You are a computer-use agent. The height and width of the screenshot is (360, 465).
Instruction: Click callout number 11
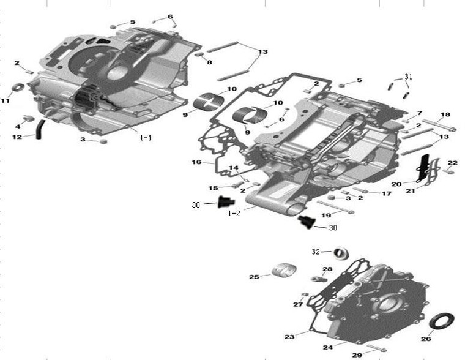(6, 100)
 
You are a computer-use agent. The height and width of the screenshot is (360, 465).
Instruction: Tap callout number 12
(17, 137)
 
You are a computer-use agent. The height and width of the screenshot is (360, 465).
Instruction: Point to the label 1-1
(146, 138)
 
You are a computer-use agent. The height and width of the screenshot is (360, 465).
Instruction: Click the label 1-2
(234, 214)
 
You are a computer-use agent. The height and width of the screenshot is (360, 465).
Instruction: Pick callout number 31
(408, 77)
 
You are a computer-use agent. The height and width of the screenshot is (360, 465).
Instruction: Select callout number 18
(445, 114)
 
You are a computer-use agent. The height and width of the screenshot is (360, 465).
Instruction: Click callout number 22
(452, 163)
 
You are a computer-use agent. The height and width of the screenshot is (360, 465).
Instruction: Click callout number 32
(316, 251)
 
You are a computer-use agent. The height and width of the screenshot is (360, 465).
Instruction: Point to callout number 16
(196, 162)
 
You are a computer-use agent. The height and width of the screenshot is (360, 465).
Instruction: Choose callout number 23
(289, 336)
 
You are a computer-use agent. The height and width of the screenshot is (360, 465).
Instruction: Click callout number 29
(356, 354)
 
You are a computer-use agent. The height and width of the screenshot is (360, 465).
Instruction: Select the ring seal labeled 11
(17, 86)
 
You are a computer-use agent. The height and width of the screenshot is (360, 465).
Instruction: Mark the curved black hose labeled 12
(39, 129)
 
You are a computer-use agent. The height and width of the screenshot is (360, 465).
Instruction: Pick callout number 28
(327, 269)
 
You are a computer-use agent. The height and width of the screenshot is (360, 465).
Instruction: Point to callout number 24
(327, 347)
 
